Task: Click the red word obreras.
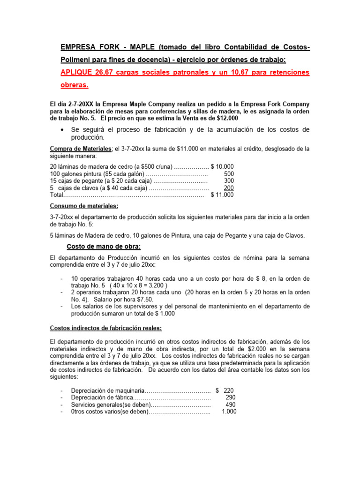coord(75,85)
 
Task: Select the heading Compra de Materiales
coord(80,149)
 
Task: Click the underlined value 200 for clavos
coord(229,188)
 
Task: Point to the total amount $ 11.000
coord(222,195)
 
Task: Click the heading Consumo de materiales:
coord(84,206)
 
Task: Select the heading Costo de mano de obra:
coord(102,247)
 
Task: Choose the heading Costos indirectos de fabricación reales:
coord(106,328)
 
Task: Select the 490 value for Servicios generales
coord(231,405)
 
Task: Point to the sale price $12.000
coord(224,118)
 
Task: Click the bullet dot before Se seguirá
coord(62,129)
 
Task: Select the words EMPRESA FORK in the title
coord(85,47)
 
